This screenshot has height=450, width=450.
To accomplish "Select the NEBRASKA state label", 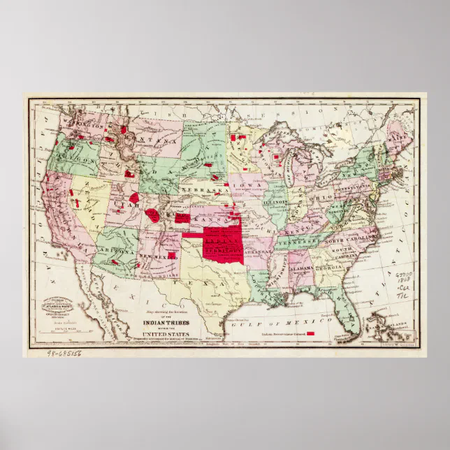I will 203,190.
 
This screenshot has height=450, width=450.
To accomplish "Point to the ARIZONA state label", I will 113,249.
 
